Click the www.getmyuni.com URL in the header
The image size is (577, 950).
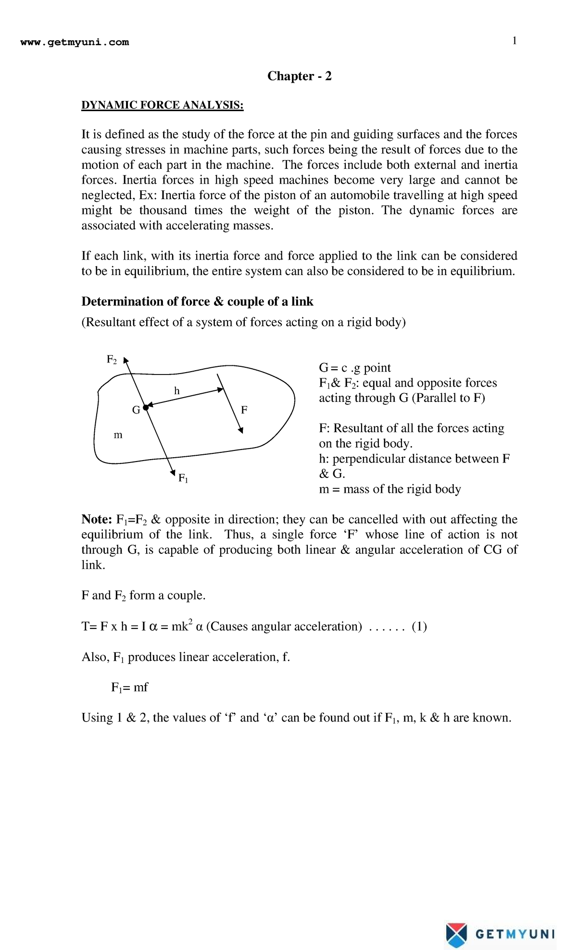point(75,42)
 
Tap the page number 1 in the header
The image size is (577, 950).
point(514,41)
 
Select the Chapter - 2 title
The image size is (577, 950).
point(299,76)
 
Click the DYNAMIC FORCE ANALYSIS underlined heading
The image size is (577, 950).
point(162,105)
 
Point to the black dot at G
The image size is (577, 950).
point(146,408)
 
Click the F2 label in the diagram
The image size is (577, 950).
point(112,360)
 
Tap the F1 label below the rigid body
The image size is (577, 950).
point(183,478)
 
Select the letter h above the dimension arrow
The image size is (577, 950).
point(177,391)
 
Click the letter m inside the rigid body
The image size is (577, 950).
point(118,435)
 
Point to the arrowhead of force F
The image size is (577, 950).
point(241,430)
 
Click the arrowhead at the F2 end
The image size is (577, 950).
point(125,360)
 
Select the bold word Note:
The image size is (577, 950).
point(97,519)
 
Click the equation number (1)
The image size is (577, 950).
point(419,626)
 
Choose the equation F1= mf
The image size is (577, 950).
point(129,687)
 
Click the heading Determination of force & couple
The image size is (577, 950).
point(197,301)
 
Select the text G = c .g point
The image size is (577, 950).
point(354,368)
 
